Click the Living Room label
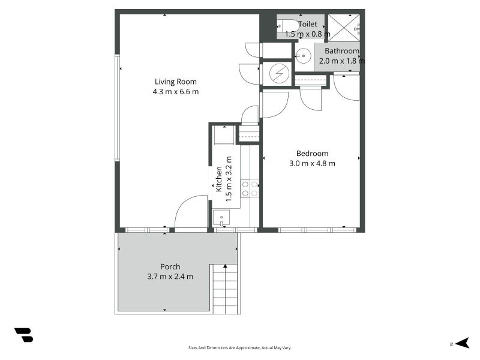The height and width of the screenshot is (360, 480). point(175,82)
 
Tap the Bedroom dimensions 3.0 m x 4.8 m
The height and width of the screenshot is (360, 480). point(312,163)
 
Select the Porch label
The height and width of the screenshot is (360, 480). point(170,266)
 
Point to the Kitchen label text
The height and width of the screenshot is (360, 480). point(219,179)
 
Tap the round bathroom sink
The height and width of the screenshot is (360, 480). point(304,56)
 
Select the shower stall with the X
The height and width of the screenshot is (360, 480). point(344,28)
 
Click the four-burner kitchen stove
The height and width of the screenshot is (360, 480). point(250,188)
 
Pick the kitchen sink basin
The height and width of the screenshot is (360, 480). point(221,218)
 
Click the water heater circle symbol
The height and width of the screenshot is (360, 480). point(279,74)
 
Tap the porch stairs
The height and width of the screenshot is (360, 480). point(226,289)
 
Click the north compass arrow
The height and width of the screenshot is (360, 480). point(462,343)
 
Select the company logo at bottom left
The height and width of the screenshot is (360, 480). point(24,335)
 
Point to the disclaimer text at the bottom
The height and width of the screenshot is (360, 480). point(239,348)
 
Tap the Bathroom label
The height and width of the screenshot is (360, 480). point(342,51)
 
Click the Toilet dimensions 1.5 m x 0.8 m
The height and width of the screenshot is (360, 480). point(308,34)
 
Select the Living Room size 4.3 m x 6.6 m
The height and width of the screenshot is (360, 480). point(176,92)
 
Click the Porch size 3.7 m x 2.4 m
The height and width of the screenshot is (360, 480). point(170,277)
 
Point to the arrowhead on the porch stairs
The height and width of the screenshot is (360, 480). point(226,266)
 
